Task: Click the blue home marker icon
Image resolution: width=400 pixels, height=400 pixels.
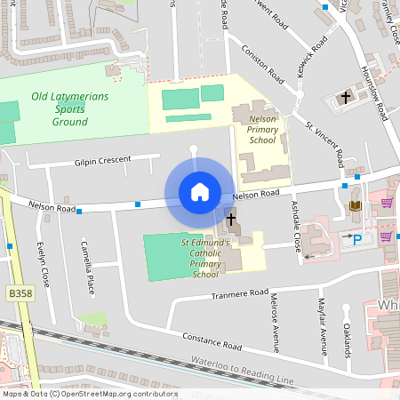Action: click(x=199, y=192)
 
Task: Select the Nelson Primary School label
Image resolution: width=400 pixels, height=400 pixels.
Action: click(x=262, y=129)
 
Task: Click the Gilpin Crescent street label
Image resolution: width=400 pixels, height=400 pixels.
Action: click(x=101, y=161)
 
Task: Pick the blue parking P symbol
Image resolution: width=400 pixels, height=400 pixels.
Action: click(x=358, y=239)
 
